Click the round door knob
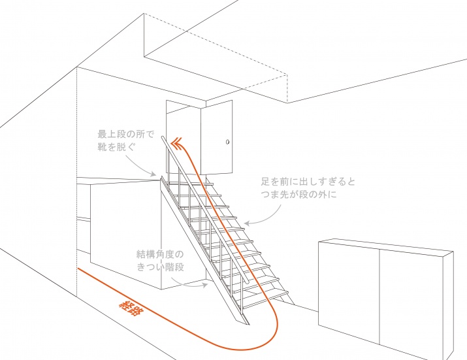click(228, 142)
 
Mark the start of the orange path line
click(78, 269)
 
